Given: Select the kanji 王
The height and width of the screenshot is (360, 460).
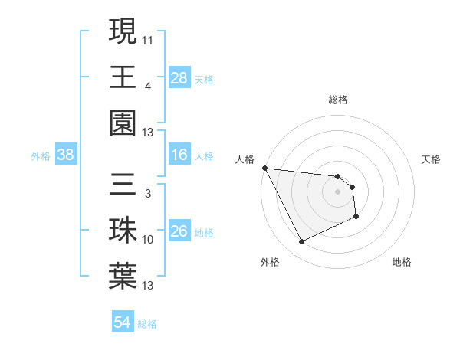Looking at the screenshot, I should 123,77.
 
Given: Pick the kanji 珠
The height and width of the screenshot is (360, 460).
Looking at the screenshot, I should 123,231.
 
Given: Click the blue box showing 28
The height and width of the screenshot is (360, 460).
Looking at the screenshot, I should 179,78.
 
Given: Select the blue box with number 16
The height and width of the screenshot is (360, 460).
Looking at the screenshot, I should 179,155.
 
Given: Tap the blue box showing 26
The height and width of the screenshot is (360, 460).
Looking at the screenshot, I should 179,232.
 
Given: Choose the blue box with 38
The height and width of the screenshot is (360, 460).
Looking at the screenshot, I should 66,155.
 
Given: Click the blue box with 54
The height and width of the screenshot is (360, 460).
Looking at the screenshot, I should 123,323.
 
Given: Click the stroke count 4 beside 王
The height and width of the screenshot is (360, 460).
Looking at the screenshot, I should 147,86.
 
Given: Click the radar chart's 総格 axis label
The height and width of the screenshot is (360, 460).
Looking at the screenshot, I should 337,100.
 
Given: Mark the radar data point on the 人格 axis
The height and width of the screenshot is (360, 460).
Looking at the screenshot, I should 264,168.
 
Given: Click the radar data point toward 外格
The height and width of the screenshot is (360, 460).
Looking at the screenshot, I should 301,242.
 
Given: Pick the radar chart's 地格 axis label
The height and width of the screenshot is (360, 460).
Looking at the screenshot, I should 402,263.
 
